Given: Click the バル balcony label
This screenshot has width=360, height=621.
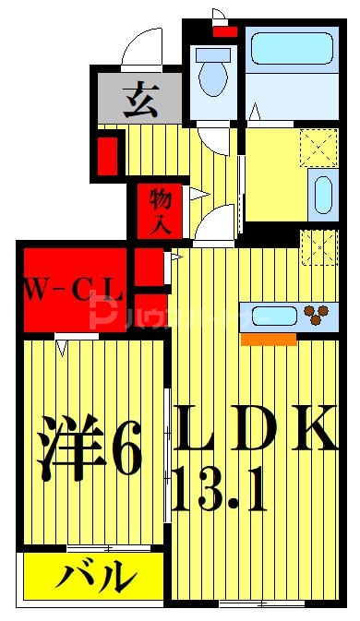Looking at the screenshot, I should pyautogui.click(x=92, y=579).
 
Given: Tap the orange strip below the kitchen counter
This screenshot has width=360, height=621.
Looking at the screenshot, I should pyautogui.click(x=269, y=339).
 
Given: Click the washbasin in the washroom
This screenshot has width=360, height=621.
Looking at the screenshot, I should pyautogui.click(x=322, y=194).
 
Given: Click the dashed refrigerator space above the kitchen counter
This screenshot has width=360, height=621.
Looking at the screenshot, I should pyautogui.click(x=319, y=247).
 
